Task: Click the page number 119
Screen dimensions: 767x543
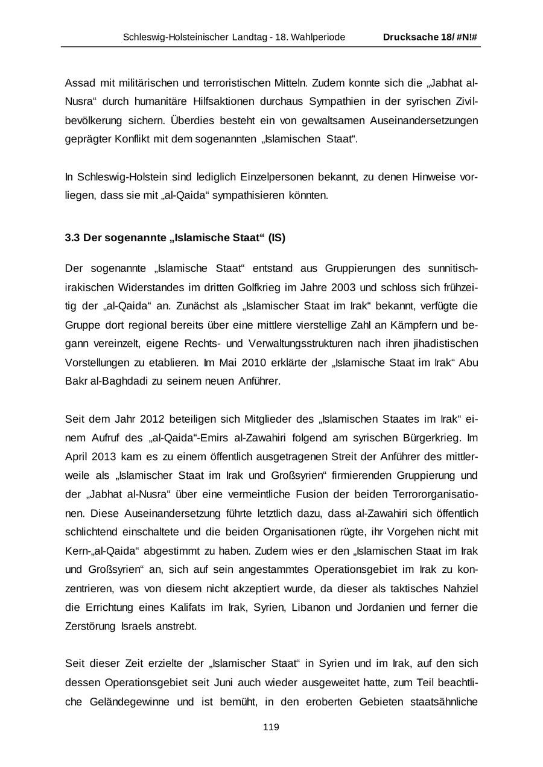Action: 271,727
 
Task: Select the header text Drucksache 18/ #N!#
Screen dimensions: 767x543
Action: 430,37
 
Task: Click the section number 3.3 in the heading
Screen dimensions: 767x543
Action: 72,238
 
